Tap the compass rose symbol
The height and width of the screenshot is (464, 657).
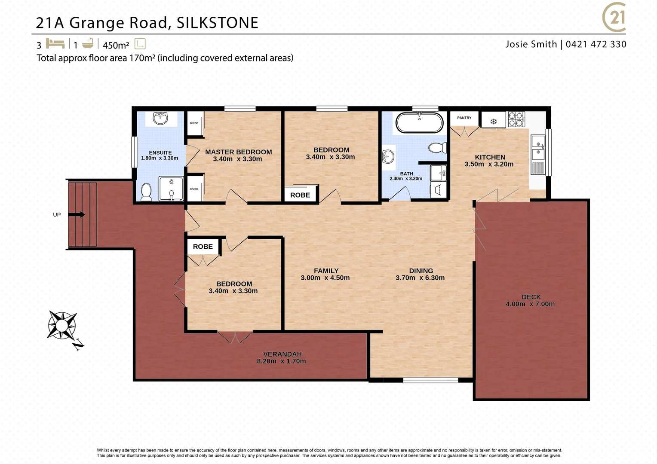[x=62, y=325]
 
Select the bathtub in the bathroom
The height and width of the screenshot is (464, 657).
[x=419, y=122]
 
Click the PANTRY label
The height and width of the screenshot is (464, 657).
[x=464, y=118]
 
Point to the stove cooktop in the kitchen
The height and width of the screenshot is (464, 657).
[x=516, y=119]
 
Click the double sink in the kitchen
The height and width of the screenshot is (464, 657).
[x=537, y=148]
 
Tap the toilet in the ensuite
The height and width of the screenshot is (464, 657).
[x=146, y=192]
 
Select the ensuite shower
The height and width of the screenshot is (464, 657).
[x=171, y=189]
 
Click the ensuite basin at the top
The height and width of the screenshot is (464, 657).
[x=160, y=118]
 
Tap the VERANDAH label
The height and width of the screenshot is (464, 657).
[x=282, y=354]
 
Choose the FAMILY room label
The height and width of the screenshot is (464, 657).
[x=326, y=271]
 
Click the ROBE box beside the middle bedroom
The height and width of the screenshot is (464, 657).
[x=300, y=195]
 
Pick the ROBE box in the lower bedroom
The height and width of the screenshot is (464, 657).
[x=203, y=247]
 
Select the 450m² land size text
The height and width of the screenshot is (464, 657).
[x=116, y=45]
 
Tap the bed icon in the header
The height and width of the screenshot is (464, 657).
[x=55, y=43]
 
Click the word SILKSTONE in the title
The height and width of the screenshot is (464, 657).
[x=217, y=23]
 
